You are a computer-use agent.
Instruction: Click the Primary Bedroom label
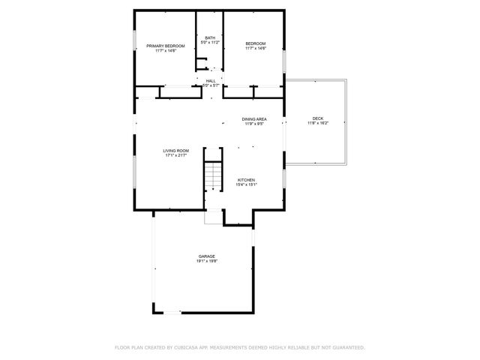click(165, 46)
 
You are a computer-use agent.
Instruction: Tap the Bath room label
click(210, 37)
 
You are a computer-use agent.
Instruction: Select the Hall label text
click(211, 80)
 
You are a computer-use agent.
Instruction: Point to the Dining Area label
click(254, 119)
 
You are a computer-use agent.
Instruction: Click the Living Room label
click(176, 151)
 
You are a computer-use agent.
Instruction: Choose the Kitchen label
click(247, 180)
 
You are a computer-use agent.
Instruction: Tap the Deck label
click(317, 118)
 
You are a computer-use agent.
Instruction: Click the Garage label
click(207, 256)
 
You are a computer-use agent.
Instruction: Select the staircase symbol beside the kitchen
click(214, 176)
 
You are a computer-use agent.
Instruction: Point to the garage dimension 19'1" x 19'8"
click(207, 262)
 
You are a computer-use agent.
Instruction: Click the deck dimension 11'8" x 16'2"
click(317, 124)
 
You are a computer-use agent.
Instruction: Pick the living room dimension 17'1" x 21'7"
click(176, 156)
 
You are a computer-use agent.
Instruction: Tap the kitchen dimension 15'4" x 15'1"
click(247, 185)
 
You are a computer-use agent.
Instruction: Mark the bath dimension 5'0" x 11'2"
click(210, 43)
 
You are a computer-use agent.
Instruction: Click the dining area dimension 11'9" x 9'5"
click(254, 124)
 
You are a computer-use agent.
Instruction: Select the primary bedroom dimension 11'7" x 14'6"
click(165, 51)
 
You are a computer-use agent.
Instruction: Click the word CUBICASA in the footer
click(184, 348)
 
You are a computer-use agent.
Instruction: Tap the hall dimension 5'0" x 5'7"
click(211, 85)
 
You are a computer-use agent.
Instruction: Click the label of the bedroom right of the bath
click(255, 43)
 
